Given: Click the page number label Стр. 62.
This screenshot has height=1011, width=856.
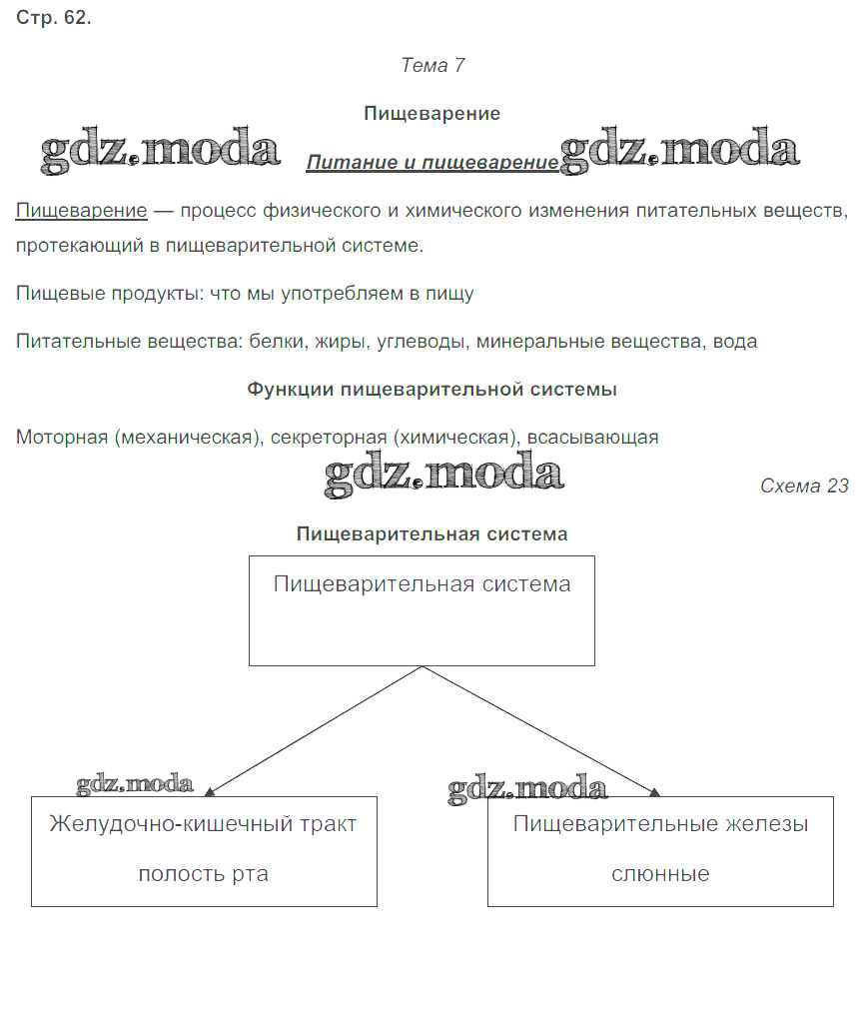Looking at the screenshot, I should point(54,18).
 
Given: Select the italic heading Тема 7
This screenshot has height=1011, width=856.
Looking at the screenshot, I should point(431,65).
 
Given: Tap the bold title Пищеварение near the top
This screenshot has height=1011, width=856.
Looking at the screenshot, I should point(431,113).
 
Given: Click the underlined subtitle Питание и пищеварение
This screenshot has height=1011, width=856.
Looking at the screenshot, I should point(431,163).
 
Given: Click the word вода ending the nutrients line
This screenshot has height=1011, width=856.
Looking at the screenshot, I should point(735,342).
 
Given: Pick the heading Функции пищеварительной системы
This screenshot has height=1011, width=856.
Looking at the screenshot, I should point(431,390).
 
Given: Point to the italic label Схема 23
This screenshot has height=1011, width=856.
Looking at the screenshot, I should point(804,486).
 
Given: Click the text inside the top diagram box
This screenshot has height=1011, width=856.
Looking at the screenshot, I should point(422,584).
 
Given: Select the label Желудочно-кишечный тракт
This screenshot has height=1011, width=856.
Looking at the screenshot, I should point(203,824).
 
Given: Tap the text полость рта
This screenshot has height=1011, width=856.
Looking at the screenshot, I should point(203,874).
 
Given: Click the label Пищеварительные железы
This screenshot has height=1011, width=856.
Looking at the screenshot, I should point(660,824).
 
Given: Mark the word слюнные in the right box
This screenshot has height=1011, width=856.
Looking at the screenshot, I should point(660,874).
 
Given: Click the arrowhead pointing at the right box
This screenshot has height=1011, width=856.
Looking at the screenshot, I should point(654,791).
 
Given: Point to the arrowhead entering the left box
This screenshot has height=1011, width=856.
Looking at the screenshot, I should point(210,791).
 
